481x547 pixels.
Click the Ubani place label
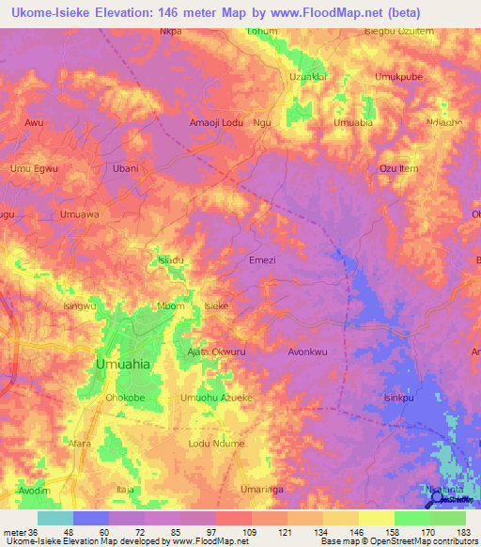pyautogui.click(x=126, y=169)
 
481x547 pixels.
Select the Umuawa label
pyautogui.click(x=79, y=215)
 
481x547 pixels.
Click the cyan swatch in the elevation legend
pyautogui.click(x=54, y=518)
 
